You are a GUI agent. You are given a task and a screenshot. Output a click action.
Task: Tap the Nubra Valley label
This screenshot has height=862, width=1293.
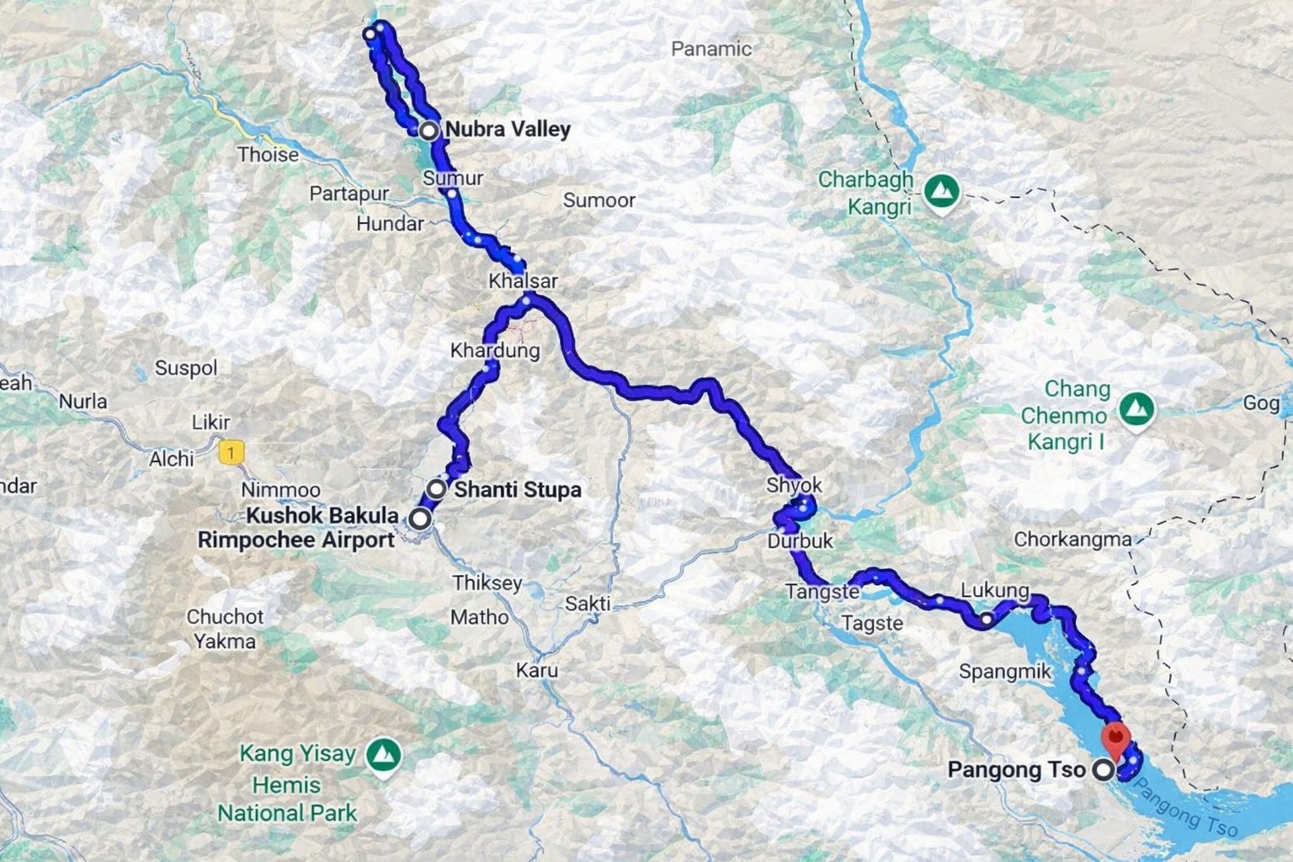pyautogui.click(x=508, y=130)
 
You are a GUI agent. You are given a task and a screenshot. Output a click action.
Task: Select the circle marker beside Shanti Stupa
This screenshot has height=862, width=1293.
pyautogui.click(x=437, y=489)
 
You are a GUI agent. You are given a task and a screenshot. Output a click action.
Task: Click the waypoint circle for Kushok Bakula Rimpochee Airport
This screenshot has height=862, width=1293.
pyautogui.click(x=419, y=519)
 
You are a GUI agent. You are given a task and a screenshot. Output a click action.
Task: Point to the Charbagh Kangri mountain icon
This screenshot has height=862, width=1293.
pyautogui.click(x=941, y=191)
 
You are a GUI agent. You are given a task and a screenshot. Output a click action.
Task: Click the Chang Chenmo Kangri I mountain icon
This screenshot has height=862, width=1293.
pyautogui.click(x=1137, y=409)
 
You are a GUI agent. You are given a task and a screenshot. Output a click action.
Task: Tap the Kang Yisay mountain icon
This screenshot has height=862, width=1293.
pyautogui.click(x=384, y=754)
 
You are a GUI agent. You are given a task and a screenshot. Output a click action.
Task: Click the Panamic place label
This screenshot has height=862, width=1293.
pyautogui.click(x=710, y=49)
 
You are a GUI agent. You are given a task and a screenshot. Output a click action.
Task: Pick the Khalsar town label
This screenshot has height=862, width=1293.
pyautogui.click(x=523, y=280)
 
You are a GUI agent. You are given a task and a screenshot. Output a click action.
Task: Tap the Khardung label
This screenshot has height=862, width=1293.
pyautogui.click(x=495, y=350)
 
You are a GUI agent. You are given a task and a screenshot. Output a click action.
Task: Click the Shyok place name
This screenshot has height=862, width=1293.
pyautogui.click(x=794, y=486)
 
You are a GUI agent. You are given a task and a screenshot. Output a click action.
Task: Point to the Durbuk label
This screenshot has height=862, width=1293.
pyautogui.click(x=800, y=541)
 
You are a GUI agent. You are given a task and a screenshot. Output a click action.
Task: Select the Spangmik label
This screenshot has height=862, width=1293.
pyautogui.click(x=1005, y=672)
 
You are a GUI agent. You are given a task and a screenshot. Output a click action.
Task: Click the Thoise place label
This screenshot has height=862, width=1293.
pyautogui.click(x=268, y=155)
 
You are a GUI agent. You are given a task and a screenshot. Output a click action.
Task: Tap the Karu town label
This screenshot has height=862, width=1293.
pyautogui.click(x=537, y=671)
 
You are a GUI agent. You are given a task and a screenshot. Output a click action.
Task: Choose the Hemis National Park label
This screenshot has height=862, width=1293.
pyautogui.click(x=287, y=799)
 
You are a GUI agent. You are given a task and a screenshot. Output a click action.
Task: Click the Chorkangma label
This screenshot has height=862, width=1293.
pyautogui.click(x=1072, y=540)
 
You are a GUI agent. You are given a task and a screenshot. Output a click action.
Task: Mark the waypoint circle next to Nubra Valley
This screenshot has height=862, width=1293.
pyautogui.click(x=429, y=130)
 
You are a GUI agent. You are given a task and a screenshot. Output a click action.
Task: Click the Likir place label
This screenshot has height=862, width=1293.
pyautogui.click(x=210, y=422)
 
